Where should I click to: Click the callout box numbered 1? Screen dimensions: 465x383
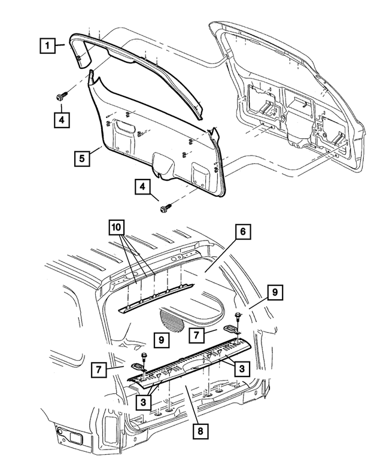[x=48, y=45]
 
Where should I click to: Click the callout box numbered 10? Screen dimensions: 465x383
[x=117, y=228]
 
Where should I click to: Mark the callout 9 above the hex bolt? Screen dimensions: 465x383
[x=275, y=293]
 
